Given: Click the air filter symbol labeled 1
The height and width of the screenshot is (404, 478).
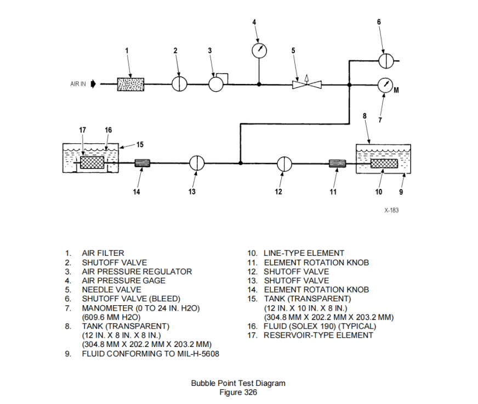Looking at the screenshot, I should (x=130, y=84).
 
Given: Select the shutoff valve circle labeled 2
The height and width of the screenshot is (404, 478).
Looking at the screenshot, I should (x=179, y=84).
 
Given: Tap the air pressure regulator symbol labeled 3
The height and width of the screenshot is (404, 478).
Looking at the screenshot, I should (x=217, y=84).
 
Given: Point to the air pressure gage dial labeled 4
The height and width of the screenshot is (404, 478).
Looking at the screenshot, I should (x=259, y=50).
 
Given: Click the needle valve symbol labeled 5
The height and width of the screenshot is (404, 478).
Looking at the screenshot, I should (x=306, y=85).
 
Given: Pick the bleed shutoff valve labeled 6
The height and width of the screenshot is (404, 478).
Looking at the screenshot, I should (x=386, y=60).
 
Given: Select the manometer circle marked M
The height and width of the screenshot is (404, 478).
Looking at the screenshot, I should (x=386, y=85).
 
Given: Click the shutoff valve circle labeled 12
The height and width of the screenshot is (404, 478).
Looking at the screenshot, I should (x=284, y=164).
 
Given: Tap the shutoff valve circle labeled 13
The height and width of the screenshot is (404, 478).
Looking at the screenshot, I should (x=197, y=163).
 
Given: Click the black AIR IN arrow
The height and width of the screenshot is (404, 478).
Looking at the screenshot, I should (x=93, y=84).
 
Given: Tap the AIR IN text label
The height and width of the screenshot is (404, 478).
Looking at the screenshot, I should (x=78, y=84).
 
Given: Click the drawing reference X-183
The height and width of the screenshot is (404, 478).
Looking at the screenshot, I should (x=391, y=210).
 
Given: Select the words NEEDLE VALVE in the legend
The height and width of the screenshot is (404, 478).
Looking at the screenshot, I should (x=104, y=289).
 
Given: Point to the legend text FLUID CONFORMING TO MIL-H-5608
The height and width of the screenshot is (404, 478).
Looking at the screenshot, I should (x=150, y=353).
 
